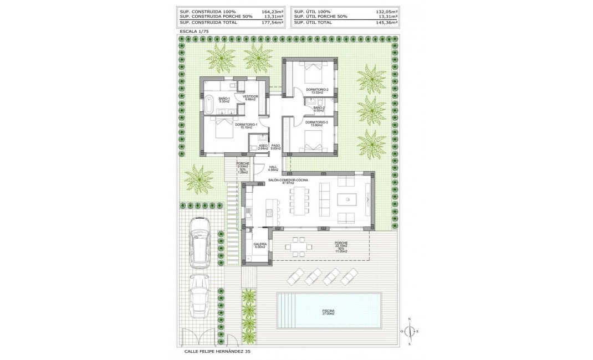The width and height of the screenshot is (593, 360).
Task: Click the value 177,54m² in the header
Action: coord(272,23)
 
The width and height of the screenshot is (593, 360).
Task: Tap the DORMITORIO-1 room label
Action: coord(246,125)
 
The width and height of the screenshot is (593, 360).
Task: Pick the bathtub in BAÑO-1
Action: coord(210,104)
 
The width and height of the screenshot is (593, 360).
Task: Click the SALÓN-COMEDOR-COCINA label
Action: coord(288,181)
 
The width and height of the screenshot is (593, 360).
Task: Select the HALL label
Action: coord(273,167)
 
